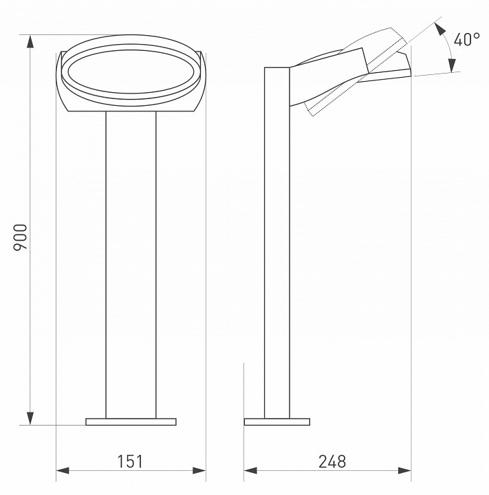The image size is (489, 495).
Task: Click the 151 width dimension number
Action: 130,461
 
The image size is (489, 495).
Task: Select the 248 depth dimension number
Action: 332,461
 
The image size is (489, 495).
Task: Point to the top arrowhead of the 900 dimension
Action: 30,41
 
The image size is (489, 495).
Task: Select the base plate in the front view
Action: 131,421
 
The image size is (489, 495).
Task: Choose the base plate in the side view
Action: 276,421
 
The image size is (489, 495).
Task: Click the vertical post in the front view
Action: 131,261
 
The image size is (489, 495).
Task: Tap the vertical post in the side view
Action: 276,261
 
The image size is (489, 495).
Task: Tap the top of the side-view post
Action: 276,68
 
